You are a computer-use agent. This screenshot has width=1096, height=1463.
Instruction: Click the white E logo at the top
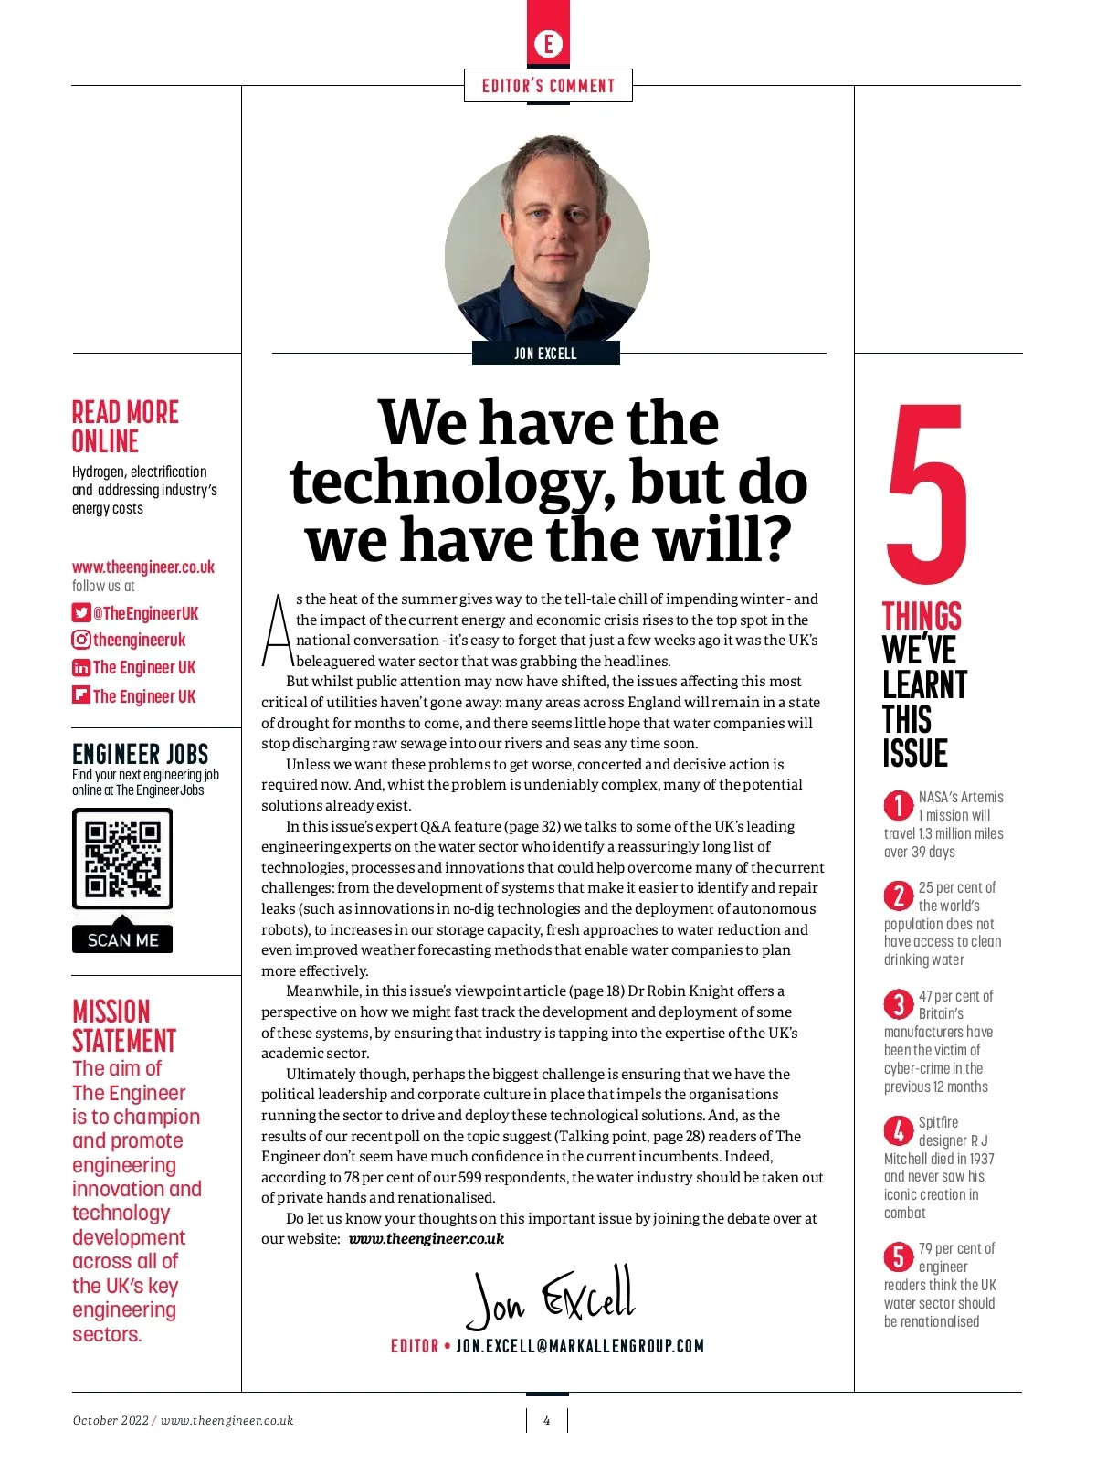[x=548, y=44]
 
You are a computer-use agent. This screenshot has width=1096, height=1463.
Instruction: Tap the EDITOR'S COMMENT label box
[x=548, y=86]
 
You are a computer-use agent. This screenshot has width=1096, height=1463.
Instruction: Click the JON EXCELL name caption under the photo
[x=545, y=354]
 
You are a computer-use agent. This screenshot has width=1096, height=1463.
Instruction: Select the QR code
[x=122, y=859]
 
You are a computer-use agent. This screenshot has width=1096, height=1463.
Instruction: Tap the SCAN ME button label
[x=122, y=939]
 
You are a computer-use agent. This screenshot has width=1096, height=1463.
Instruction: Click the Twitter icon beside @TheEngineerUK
[x=81, y=613]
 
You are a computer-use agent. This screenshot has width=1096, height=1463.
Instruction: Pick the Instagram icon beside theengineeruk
[x=81, y=641]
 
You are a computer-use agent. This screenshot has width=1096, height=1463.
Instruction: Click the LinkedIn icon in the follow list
[x=81, y=668]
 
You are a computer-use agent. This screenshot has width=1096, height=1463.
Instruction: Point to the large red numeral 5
[x=924, y=493]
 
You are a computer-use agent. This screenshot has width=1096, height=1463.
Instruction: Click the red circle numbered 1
[x=899, y=806]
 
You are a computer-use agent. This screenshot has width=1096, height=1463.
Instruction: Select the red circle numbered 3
[x=899, y=1005]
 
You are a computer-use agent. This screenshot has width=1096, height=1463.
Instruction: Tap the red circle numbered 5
[x=899, y=1257]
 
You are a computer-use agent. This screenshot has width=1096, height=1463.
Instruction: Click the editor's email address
[x=580, y=1346]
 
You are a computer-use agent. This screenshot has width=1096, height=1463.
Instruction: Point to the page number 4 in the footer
[x=547, y=1420]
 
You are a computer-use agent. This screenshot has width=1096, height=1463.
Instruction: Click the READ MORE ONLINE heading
[x=125, y=427]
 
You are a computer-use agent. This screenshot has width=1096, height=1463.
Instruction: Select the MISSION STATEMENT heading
[x=123, y=1026]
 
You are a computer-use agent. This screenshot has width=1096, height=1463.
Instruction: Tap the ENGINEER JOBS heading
[x=140, y=754]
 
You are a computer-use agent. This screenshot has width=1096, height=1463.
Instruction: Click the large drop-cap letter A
[x=277, y=631]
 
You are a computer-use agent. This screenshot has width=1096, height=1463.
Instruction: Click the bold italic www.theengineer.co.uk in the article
[x=427, y=1239]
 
